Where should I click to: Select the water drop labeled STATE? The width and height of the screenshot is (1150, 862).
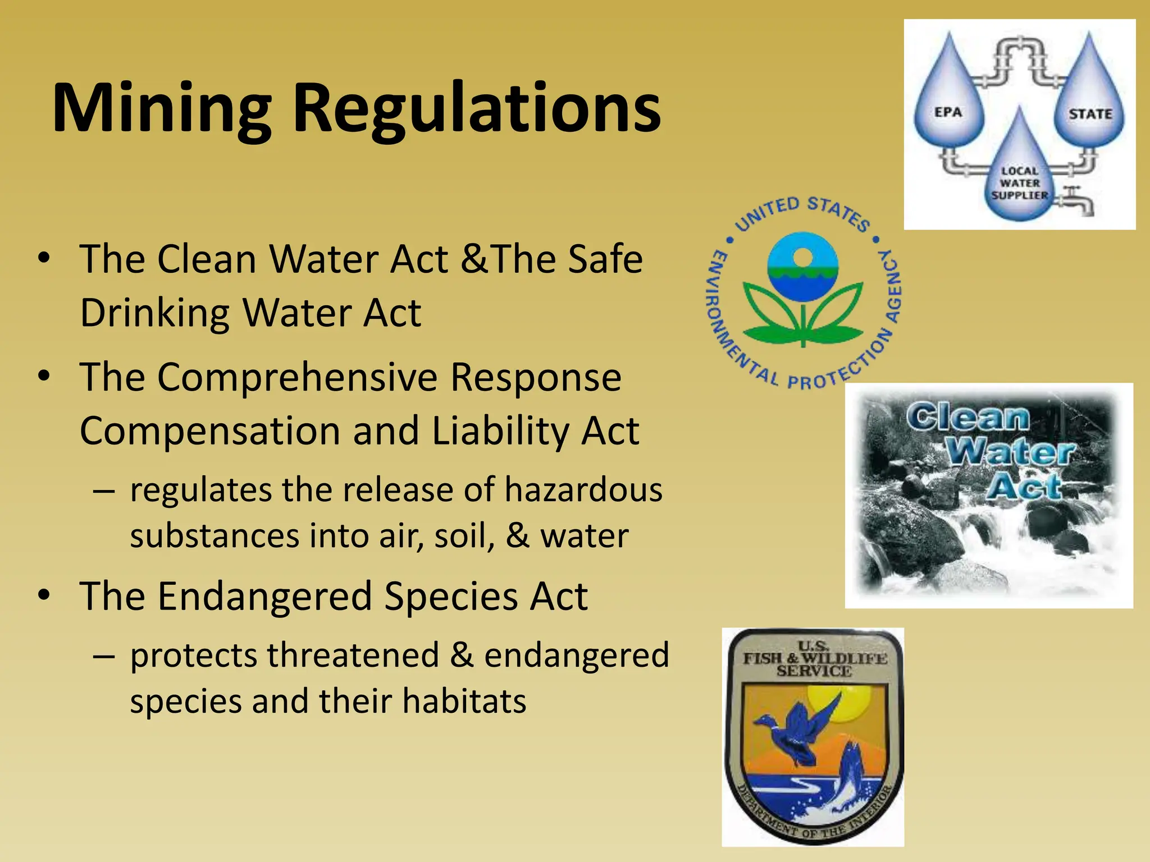1090,107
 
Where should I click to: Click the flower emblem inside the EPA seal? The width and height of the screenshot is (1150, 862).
803,292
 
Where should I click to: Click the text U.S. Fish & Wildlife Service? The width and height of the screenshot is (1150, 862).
814,659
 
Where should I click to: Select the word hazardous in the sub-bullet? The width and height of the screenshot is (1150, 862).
583,489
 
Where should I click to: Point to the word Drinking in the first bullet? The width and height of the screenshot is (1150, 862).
155,313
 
